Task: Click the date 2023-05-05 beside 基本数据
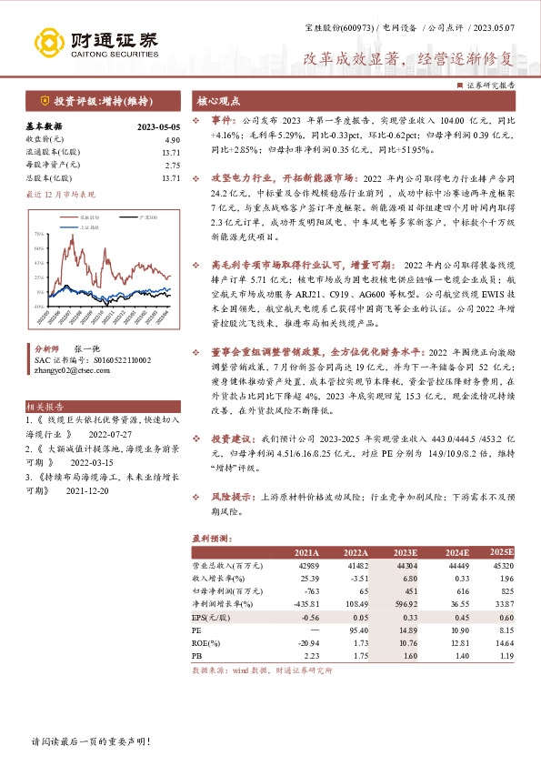point(159,128)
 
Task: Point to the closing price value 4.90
point(173,140)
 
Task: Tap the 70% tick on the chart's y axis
point(38,235)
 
